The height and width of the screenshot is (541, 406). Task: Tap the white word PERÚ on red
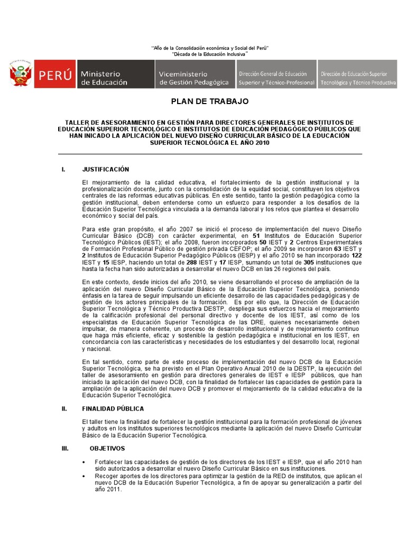(x=54, y=74)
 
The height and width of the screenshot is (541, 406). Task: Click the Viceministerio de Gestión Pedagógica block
(x=193, y=74)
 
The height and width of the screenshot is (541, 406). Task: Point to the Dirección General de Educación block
(x=276, y=74)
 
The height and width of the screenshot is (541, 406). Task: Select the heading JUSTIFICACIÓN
(x=105, y=170)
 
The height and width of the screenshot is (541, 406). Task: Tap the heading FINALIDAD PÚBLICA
(x=113, y=408)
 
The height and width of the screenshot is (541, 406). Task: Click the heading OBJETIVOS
(x=107, y=448)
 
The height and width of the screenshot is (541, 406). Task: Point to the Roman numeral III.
(x=65, y=448)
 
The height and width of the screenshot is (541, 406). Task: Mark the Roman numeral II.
(x=64, y=408)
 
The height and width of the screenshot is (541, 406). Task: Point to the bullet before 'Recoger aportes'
(x=85, y=476)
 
